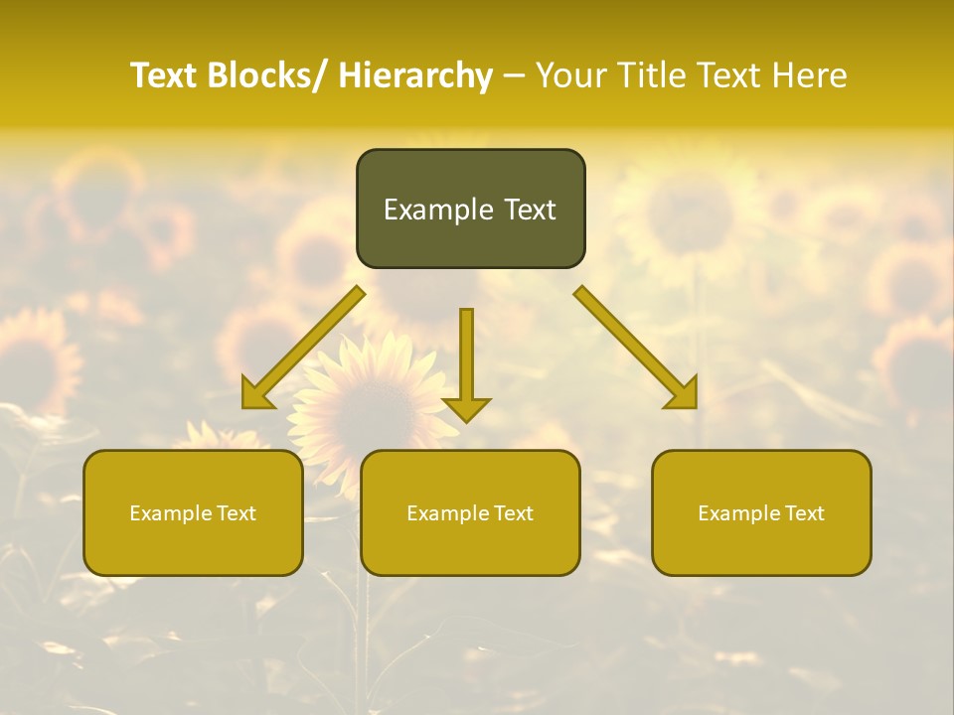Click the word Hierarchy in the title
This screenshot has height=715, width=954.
(x=414, y=76)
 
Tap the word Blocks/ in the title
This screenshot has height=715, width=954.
(x=264, y=76)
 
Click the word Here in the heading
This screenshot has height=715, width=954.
(x=810, y=76)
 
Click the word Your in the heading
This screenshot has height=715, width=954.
(x=570, y=76)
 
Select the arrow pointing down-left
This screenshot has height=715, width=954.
(x=302, y=349)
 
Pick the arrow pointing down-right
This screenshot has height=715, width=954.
(x=636, y=348)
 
